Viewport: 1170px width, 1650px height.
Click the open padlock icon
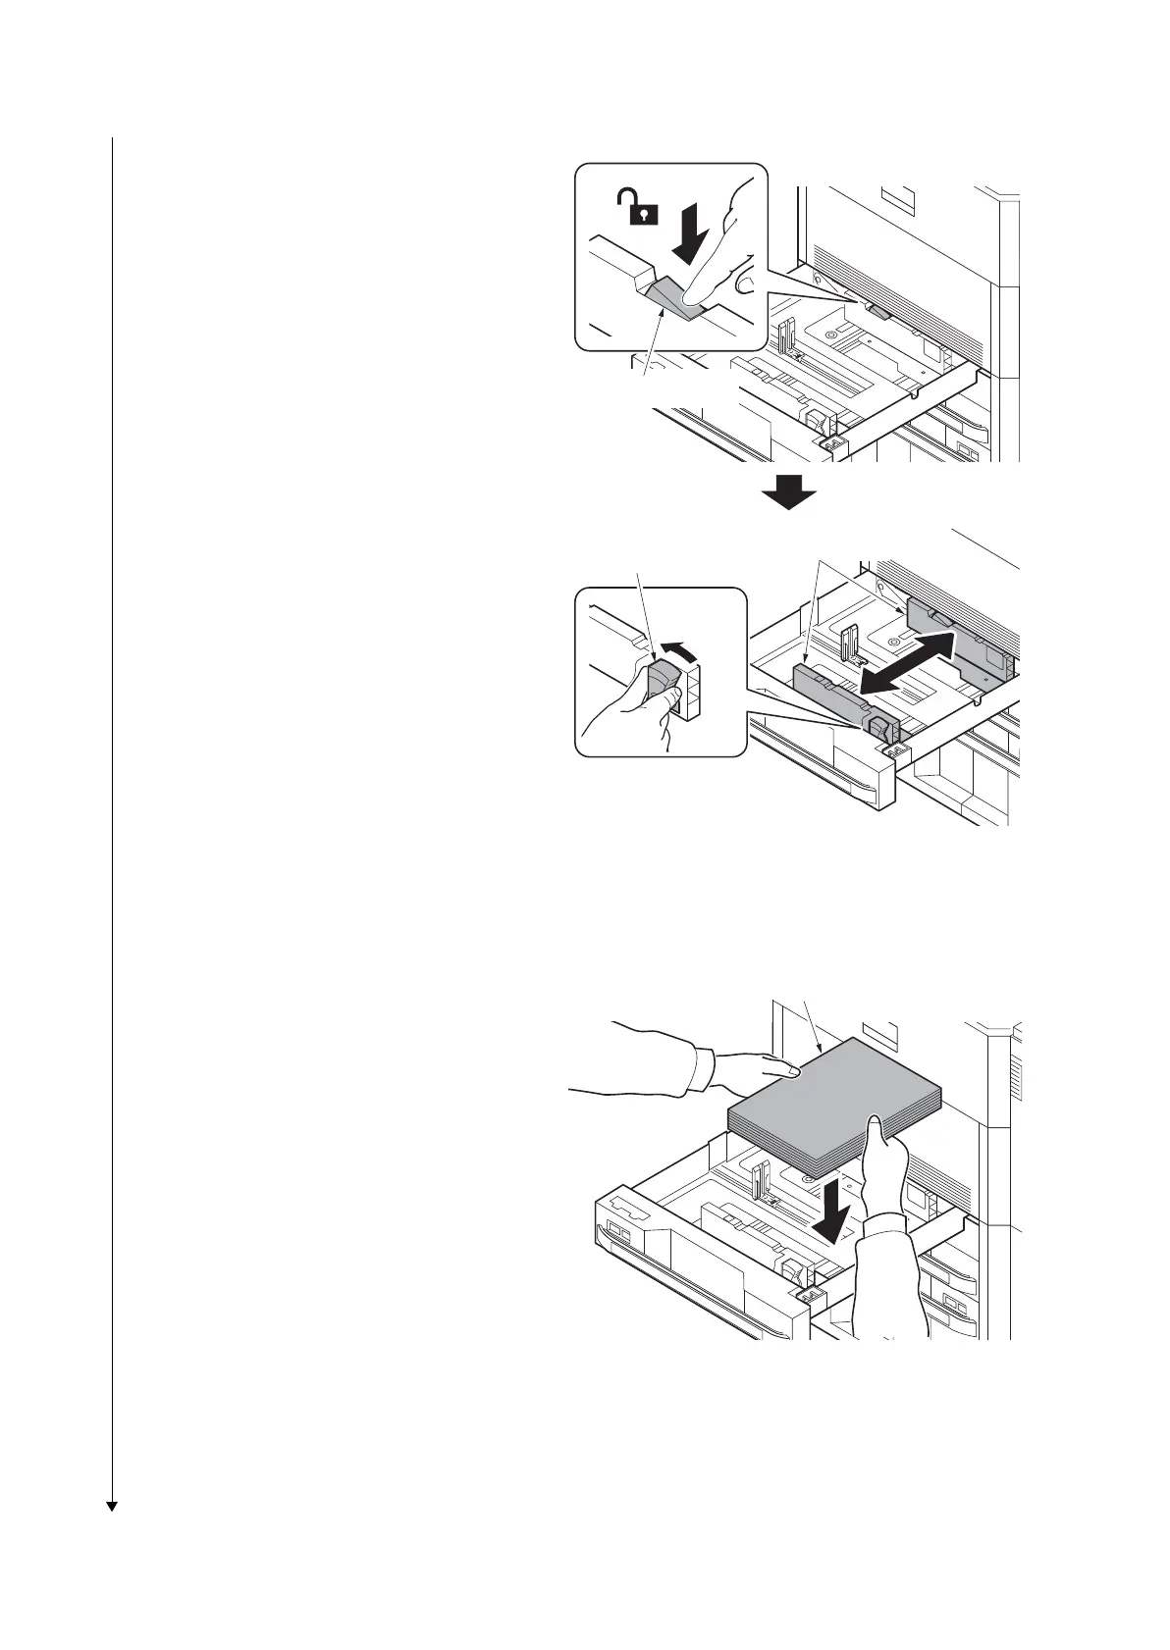click(636, 208)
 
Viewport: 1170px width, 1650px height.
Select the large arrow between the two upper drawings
click(788, 491)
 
